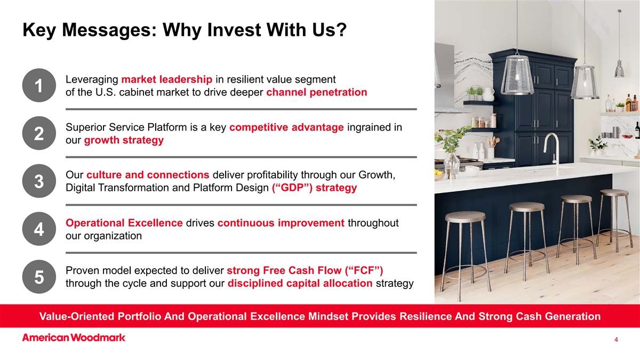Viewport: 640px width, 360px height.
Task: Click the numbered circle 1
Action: tap(39, 85)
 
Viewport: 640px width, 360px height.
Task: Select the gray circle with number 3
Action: tap(39, 181)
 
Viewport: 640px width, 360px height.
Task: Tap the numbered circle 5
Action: tap(39, 277)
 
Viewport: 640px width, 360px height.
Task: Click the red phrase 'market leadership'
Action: tap(167, 79)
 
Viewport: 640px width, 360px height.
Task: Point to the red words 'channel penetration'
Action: tap(317, 92)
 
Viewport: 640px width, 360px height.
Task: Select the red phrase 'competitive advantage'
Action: tap(286, 127)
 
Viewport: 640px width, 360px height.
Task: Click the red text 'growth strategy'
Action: tap(124, 140)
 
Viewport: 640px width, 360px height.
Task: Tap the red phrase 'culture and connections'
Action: tap(148, 175)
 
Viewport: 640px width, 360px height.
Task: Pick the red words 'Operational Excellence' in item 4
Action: tap(124, 223)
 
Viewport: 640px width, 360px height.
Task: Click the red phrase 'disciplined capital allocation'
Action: tap(300, 283)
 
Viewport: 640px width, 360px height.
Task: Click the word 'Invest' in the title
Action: tap(234, 30)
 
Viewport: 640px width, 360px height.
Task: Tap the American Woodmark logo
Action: tap(74, 338)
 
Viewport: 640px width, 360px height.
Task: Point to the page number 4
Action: tap(616, 339)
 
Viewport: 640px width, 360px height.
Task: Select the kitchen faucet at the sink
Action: tap(552, 151)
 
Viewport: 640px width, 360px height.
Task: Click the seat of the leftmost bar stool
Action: tap(465, 217)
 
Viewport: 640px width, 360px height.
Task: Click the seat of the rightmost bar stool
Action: tap(614, 193)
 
